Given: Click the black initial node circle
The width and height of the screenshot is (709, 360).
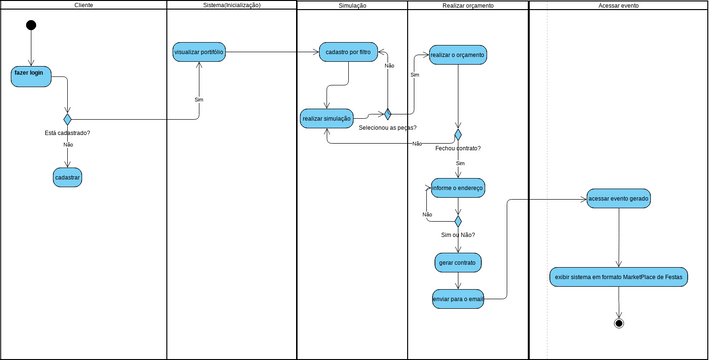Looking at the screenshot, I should click(x=31, y=25).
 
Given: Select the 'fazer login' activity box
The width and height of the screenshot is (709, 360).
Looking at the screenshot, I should click(x=32, y=76).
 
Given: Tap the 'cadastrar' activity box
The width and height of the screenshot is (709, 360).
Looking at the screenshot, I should click(x=67, y=177).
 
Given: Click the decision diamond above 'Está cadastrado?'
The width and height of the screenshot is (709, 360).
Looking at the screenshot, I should click(x=67, y=119).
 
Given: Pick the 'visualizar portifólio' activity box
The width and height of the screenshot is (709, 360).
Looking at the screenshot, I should click(x=198, y=52).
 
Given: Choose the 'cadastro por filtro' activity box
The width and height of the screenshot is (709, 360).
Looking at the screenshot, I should click(x=348, y=52).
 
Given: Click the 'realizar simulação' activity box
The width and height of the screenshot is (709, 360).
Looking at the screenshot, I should click(x=326, y=119).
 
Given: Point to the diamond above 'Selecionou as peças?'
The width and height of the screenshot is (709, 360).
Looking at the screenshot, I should click(x=387, y=114).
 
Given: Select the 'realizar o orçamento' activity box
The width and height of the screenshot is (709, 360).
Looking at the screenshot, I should click(x=458, y=55).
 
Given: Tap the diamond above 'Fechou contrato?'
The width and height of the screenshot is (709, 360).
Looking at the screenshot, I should click(x=458, y=134).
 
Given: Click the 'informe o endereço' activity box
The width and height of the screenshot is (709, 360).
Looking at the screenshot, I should click(x=458, y=187).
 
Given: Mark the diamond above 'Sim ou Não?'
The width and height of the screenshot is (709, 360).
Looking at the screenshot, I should click(x=458, y=221).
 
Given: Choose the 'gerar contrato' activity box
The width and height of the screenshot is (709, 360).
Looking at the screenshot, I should click(x=458, y=263).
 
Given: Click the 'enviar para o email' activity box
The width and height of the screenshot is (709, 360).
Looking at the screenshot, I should click(x=458, y=298).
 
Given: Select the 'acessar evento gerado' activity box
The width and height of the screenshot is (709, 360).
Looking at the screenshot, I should click(x=619, y=199).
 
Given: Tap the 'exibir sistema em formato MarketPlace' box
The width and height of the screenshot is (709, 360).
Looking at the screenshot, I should click(x=619, y=277).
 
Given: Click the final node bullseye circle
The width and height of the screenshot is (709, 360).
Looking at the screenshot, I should click(x=619, y=323).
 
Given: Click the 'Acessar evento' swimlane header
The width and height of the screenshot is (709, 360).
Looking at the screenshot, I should click(x=618, y=6).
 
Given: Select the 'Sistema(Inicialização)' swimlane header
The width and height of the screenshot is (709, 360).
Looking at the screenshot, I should click(x=231, y=6).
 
